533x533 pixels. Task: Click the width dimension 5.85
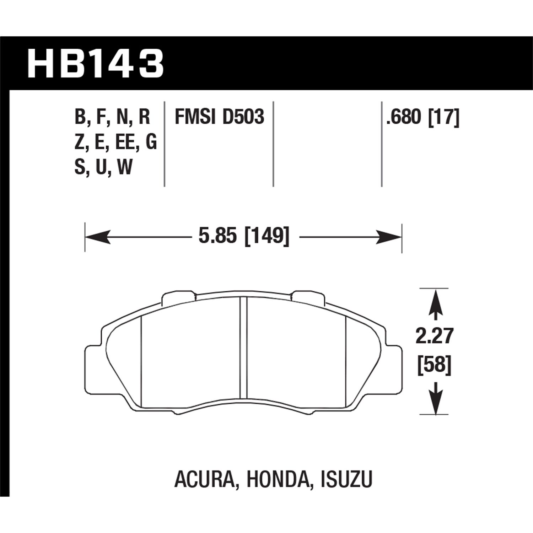point(217,236)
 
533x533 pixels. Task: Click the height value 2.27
point(435,336)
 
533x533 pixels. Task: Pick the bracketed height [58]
point(435,365)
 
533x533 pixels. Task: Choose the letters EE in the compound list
point(125,142)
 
